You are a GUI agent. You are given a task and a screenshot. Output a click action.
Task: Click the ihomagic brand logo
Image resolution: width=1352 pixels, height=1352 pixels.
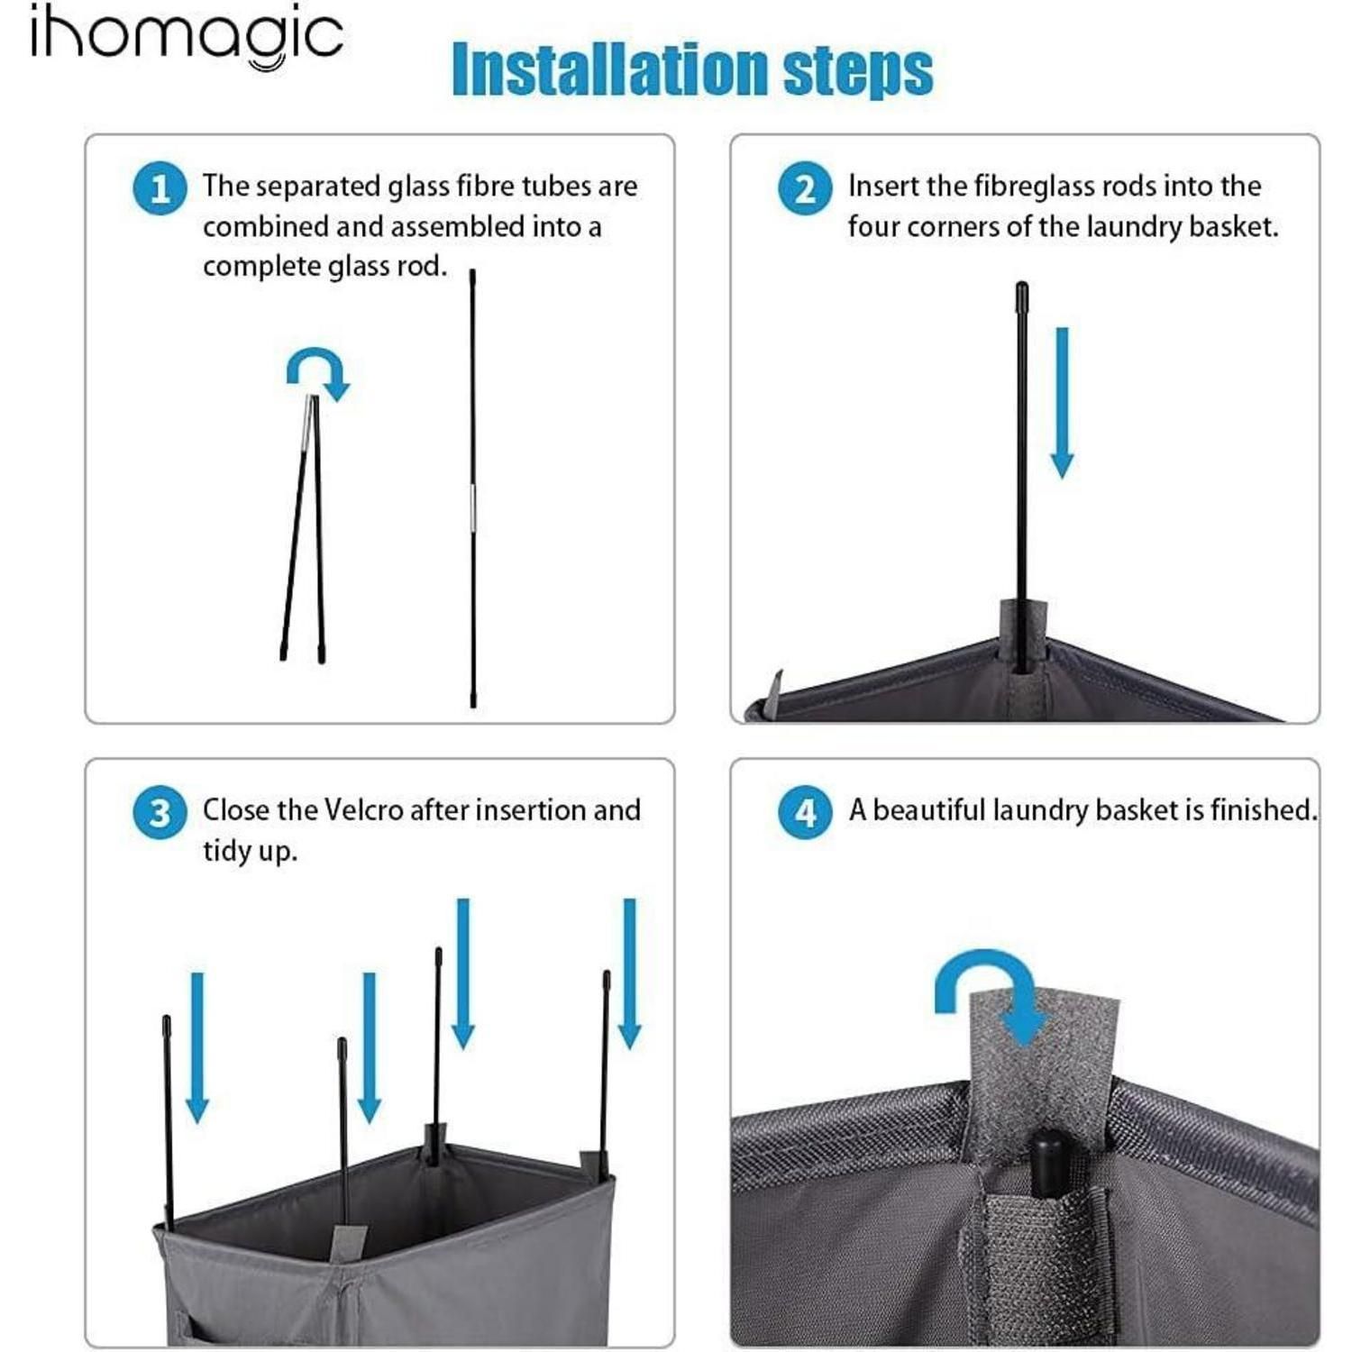[x=187, y=36]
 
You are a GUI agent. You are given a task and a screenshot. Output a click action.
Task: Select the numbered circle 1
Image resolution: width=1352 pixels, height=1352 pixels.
[x=160, y=188]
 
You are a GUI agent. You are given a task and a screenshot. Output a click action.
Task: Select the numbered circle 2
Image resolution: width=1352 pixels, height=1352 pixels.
[x=805, y=188]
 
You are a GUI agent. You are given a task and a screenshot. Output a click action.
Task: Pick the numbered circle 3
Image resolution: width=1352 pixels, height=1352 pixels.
[x=160, y=812]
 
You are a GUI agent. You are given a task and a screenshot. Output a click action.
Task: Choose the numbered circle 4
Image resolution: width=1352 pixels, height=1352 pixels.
[x=805, y=812]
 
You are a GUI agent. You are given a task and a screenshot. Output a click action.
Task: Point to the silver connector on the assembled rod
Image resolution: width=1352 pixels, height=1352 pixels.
[x=472, y=507]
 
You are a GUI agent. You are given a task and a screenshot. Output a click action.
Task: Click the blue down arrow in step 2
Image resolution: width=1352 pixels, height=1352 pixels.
[x=1063, y=403]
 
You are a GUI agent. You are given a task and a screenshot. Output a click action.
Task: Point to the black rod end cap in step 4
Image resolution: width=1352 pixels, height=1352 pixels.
[x=1048, y=1163]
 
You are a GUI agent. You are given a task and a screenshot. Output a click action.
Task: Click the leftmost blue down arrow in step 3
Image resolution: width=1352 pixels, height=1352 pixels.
[x=197, y=1047]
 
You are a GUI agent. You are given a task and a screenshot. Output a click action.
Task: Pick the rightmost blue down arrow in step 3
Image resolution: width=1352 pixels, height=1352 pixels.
[x=630, y=973]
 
